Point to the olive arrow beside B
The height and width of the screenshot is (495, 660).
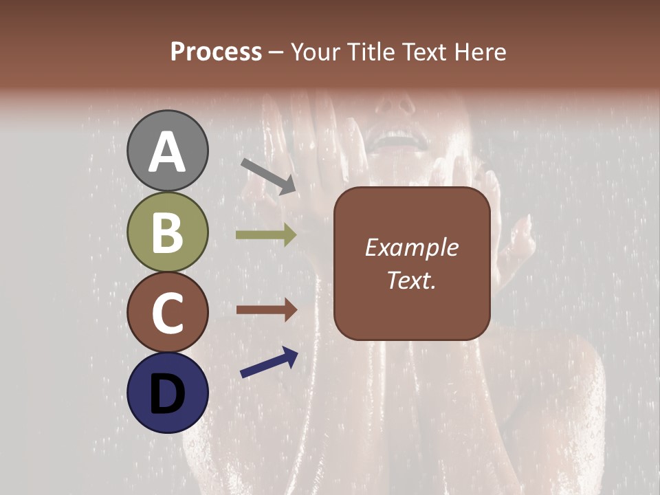[x=266, y=235]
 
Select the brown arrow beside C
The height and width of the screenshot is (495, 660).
[x=266, y=310]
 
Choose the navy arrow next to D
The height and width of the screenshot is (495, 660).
[x=269, y=362]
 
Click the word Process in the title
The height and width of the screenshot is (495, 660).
[x=216, y=52]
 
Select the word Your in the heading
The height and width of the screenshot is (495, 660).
[x=316, y=52]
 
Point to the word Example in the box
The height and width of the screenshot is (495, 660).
[x=411, y=247]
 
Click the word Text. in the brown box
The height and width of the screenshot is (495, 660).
[x=411, y=280]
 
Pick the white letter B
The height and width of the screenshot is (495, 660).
[x=167, y=232]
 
